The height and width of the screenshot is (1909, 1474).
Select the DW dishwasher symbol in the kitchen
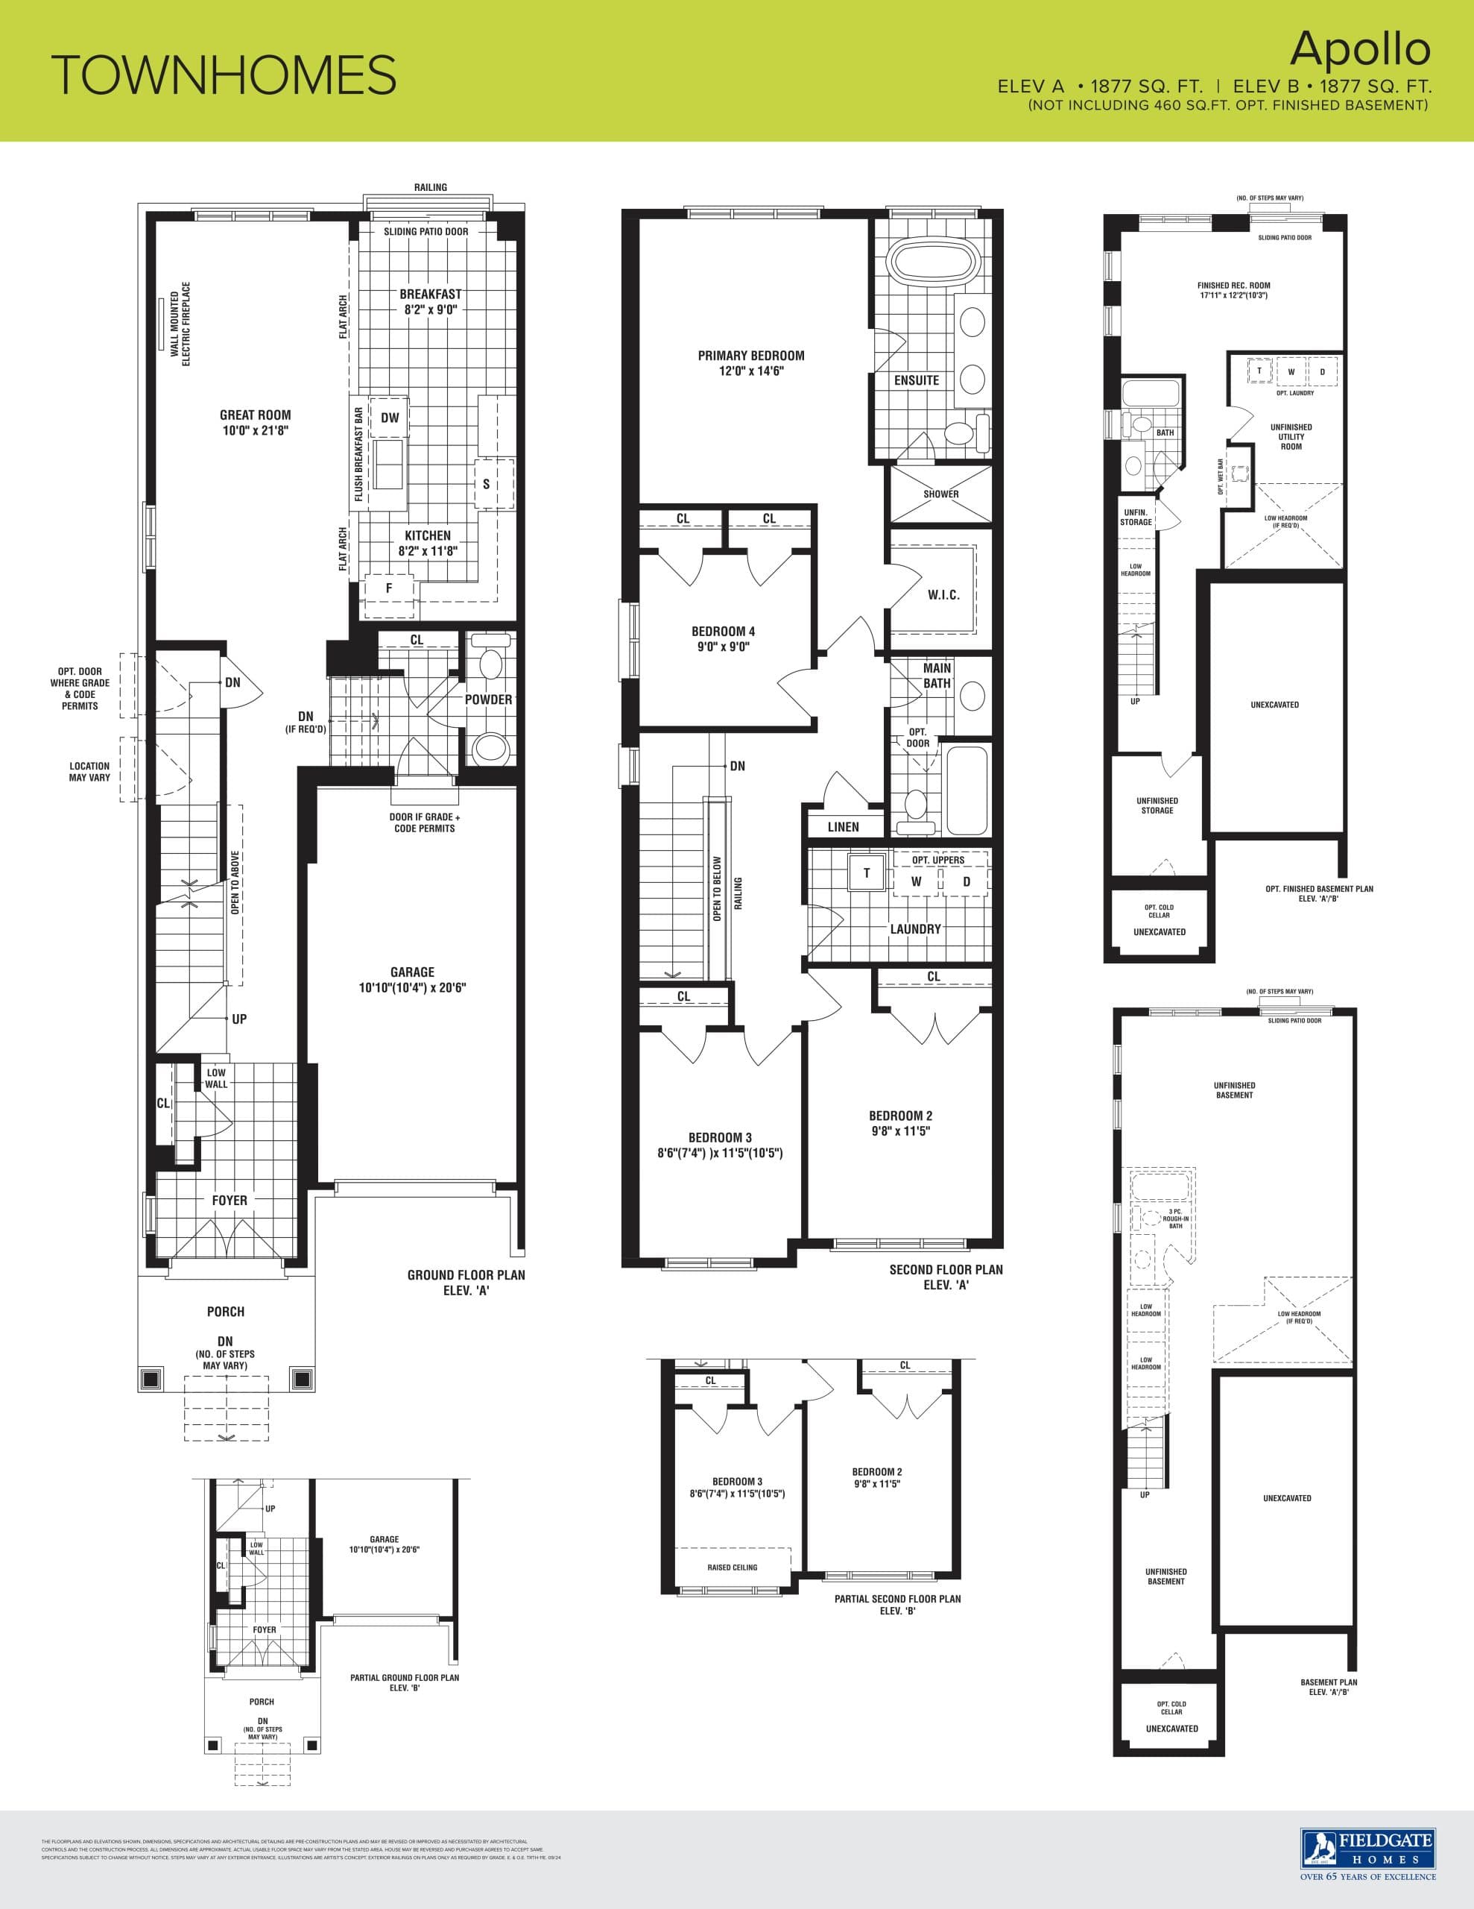click(390, 418)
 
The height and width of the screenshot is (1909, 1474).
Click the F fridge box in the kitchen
click(389, 588)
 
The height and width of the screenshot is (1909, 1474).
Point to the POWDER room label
click(488, 699)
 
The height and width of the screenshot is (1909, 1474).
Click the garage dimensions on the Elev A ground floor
click(412, 988)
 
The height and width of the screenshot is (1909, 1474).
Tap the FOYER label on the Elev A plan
click(229, 1200)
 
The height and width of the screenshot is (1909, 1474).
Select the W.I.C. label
click(943, 595)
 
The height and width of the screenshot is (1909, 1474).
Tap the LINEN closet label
click(843, 827)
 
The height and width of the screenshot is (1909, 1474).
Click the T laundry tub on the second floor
click(867, 873)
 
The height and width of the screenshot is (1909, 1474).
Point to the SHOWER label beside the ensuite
click(941, 494)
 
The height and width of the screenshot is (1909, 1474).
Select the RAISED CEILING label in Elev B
click(733, 1567)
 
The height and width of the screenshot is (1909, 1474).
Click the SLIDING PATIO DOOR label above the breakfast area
click(426, 232)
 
